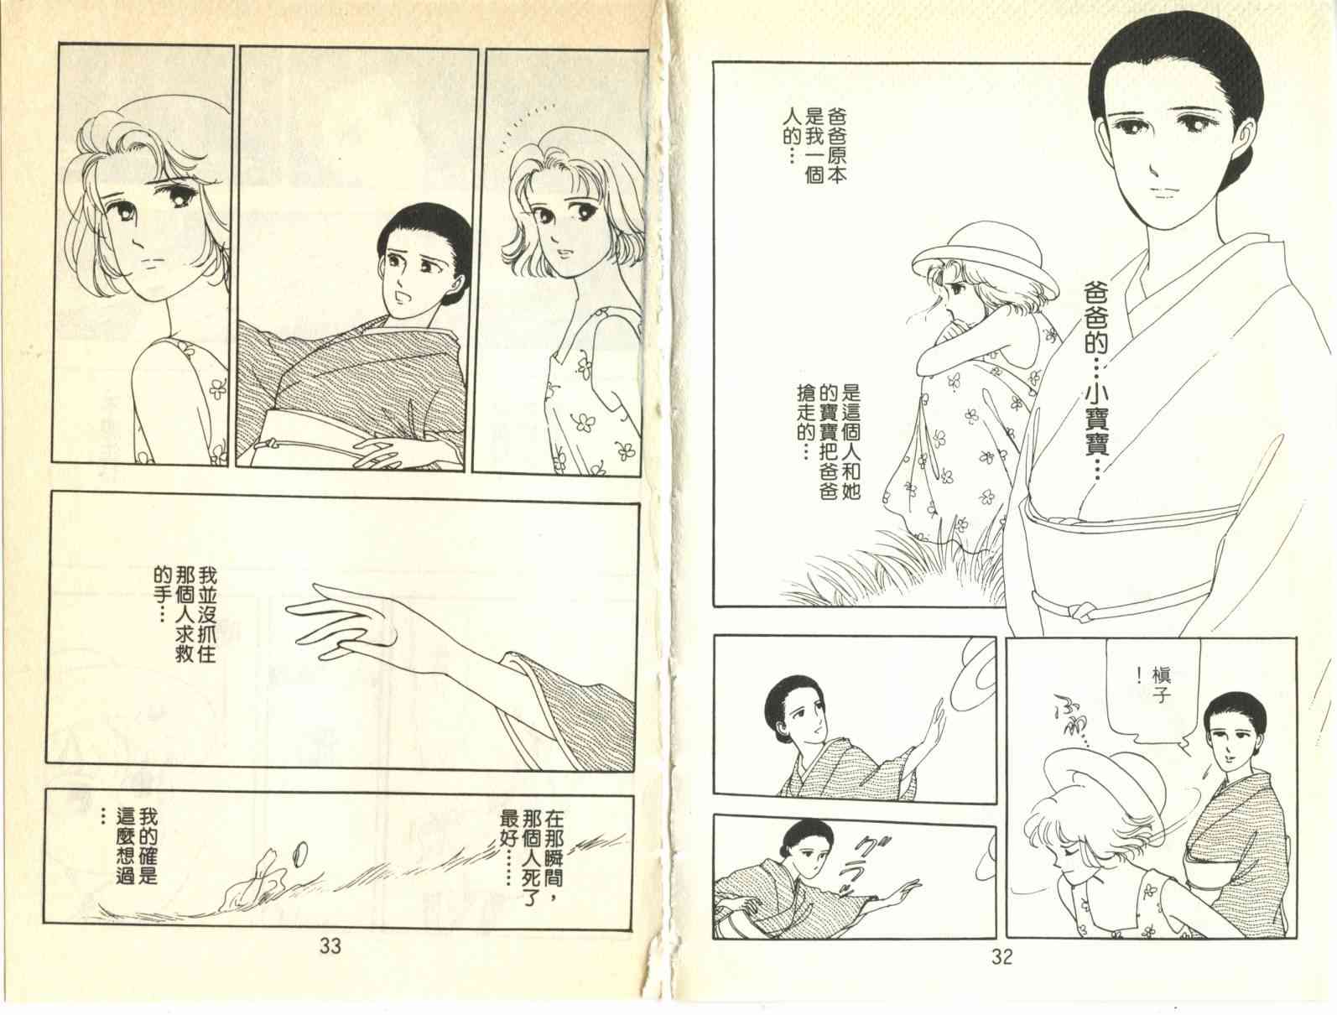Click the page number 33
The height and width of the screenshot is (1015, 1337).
point(330,946)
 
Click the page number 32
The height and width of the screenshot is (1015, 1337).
point(1001,956)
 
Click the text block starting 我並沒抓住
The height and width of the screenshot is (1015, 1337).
point(185,615)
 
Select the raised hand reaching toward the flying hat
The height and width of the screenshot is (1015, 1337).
point(932,726)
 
